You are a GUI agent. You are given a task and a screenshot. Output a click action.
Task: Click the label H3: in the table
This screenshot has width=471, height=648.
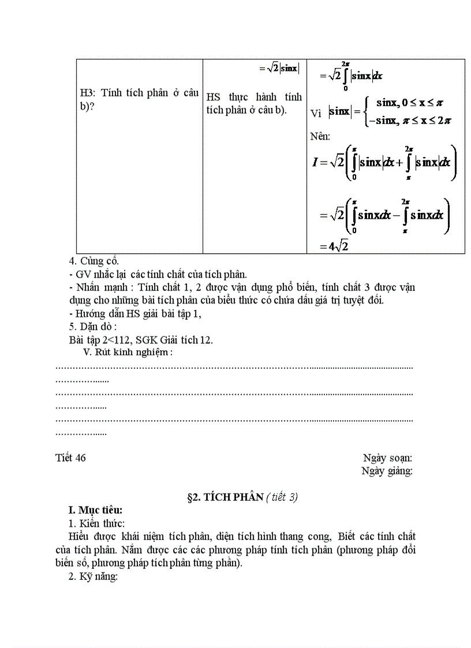[x=89, y=93]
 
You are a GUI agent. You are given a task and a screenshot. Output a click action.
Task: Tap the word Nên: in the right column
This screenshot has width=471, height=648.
[x=321, y=136]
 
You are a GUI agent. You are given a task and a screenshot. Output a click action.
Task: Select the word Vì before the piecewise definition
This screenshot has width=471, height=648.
[x=316, y=113]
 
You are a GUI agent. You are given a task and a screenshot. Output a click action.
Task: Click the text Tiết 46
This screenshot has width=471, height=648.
[x=70, y=458]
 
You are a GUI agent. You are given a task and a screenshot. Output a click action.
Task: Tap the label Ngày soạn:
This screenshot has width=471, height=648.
[x=387, y=458]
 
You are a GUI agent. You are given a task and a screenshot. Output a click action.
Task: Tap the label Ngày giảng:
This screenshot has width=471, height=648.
[x=387, y=471]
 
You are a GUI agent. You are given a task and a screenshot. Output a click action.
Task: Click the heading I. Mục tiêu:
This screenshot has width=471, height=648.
[x=95, y=510]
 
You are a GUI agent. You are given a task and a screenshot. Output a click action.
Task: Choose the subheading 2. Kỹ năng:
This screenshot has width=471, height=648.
[x=93, y=576]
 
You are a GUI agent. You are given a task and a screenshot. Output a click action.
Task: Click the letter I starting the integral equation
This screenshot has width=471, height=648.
[x=315, y=162]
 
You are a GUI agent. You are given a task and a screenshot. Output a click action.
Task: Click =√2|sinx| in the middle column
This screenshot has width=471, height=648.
[x=279, y=68]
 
